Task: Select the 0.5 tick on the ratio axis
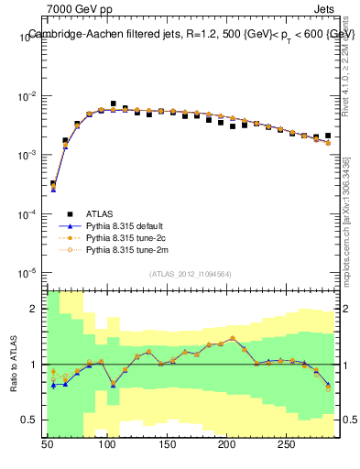[30, 420]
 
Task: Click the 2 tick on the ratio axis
[35, 309]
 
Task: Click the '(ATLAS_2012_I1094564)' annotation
[191, 274]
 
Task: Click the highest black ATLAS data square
[114, 104]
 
